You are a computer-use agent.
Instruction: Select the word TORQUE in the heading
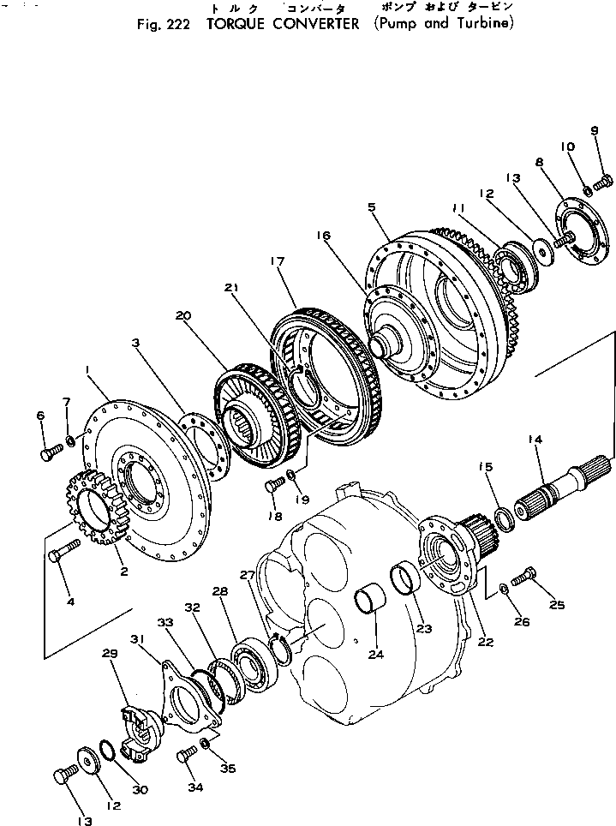pos(234,23)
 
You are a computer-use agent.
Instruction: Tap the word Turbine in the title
pos(483,23)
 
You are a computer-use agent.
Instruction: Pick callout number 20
pos(181,315)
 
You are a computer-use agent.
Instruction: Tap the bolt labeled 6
pos(51,452)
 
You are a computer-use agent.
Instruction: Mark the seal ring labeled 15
pos(505,519)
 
